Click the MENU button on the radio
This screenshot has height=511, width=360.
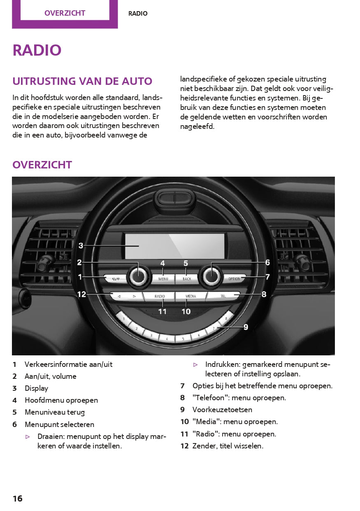[x=163, y=278]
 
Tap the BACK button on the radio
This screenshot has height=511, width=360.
[x=187, y=278]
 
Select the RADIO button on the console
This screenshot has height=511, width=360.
[x=159, y=296]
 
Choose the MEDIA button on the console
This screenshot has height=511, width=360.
[x=190, y=296]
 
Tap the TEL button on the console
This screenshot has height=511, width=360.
[x=223, y=296]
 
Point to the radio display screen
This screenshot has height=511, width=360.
[x=174, y=246]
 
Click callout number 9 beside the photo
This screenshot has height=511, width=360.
[x=246, y=327]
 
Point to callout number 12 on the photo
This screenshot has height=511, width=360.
[x=81, y=294]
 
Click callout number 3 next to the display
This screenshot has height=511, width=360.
[x=81, y=246]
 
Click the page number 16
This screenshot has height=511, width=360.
[x=17, y=499]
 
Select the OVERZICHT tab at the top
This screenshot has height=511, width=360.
[x=65, y=13]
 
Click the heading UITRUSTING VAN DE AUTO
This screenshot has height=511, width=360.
[x=82, y=81]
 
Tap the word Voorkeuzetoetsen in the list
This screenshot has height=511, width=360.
[x=222, y=410]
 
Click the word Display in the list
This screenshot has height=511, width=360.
[x=36, y=388]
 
